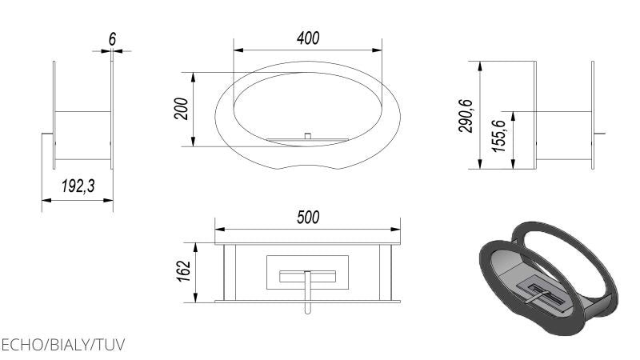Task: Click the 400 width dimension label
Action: pos(308,38)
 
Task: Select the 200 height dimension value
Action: pos(182,109)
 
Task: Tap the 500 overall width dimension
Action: pos(308,217)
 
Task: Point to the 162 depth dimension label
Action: pos(184,270)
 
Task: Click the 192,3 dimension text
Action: pos(78,186)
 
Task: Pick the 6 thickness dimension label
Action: pos(112,39)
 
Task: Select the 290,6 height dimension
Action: pos(466,115)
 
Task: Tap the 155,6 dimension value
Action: pos(498,136)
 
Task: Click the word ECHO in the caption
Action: pos(22,345)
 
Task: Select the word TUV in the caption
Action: pos(110,345)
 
